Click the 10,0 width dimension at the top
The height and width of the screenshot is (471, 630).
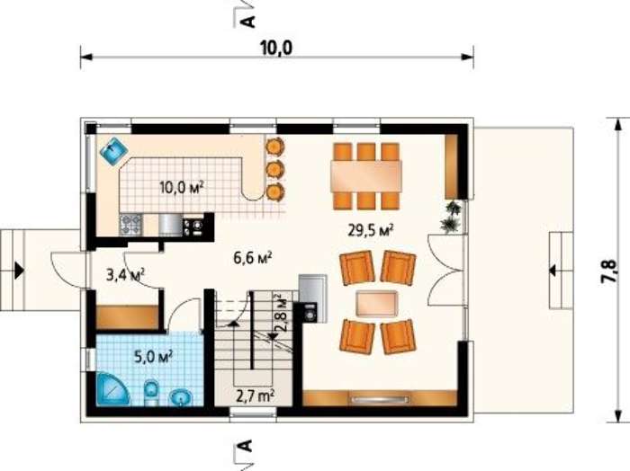point(276,49)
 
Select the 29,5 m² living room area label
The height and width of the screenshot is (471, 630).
point(370,231)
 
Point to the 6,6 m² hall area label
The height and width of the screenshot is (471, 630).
point(254,258)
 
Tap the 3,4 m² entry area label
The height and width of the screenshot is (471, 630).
point(125,275)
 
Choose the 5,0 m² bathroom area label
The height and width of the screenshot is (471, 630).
point(154,356)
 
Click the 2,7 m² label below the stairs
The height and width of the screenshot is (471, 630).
point(255,396)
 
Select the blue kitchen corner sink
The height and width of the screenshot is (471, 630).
point(113,151)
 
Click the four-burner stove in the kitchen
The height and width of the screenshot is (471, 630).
point(130,225)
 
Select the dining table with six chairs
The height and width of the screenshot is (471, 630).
point(366,176)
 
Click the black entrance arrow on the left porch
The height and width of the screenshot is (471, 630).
point(19,270)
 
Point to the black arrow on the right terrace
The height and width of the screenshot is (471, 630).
point(553,271)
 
